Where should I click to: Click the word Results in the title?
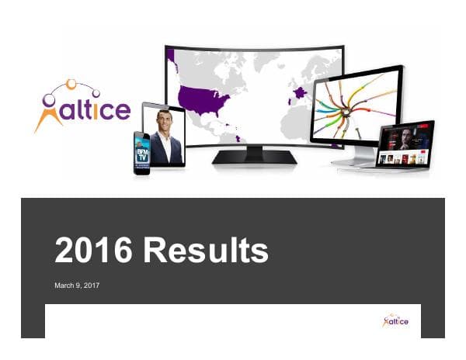point(207,251)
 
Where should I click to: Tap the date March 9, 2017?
point(77,286)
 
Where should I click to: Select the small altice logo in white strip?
point(395,320)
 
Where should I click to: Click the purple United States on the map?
point(203,99)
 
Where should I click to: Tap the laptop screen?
point(404,144)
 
